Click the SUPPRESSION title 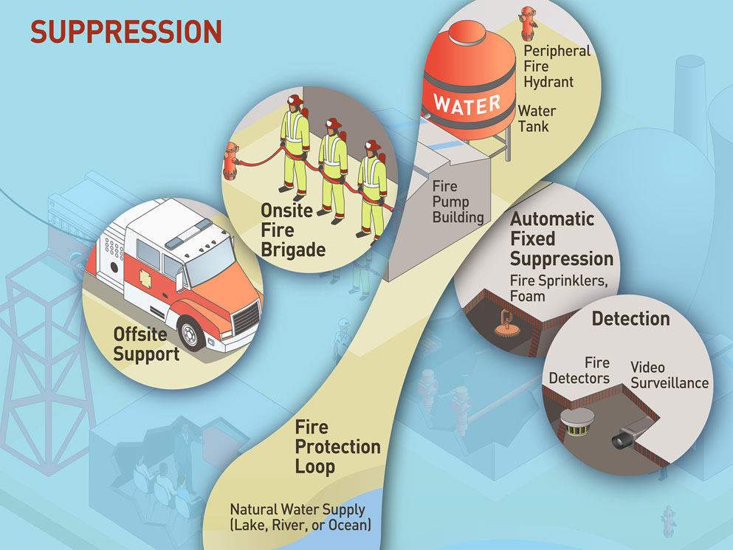[125, 32]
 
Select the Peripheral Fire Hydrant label [557, 66]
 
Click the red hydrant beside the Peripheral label [527, 22]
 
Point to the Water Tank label [537, 118]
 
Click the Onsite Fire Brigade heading [293, 230]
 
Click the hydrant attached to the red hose [231, 160]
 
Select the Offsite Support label [146, 344]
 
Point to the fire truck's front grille [247, 317]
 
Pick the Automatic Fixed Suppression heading [561, 238]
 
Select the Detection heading [630, 319]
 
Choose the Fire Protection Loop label [337, 447]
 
